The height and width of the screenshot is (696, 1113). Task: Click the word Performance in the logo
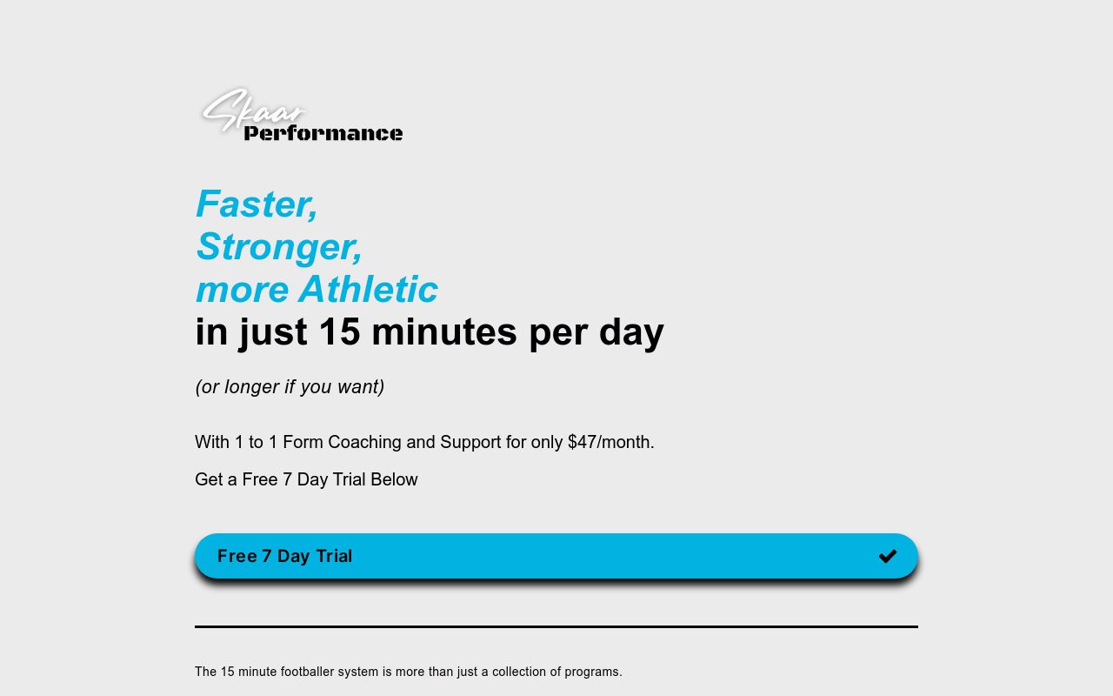coord(323,133)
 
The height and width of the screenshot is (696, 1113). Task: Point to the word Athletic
coord(369,290)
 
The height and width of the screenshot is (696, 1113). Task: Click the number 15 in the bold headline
coord(339,332)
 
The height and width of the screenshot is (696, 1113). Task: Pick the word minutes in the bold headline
coord(444,332)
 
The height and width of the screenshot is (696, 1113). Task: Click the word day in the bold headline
coord(631,332)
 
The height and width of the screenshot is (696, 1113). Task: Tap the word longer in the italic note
coord(250,387)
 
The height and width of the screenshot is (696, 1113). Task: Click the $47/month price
coord(610,442)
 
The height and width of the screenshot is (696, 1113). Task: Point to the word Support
coord(470,442)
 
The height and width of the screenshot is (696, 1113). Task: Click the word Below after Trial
coord(394,479)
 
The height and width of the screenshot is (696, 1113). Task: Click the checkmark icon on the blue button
coord(887,556)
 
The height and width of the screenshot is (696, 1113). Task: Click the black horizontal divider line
coord(556,626)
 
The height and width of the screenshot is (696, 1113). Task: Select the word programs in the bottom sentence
coord(593,672)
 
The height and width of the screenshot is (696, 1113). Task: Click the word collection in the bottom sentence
coord(520,672)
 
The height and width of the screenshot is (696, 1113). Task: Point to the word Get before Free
coord(209,479)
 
